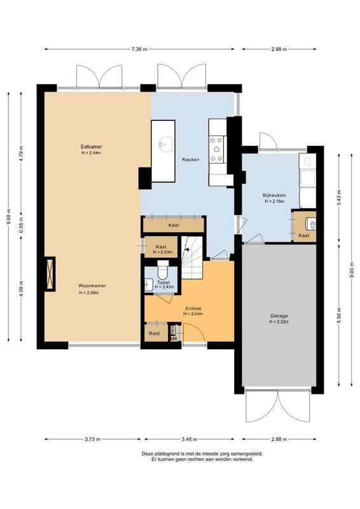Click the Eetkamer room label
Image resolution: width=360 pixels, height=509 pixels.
[x=91, y=147]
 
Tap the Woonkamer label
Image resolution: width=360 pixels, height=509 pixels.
[x=92, y=286]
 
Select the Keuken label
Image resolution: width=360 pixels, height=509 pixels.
[x=191, y=160]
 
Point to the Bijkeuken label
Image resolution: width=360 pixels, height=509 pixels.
[x=274, y=195]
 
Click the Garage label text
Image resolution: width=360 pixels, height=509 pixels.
[x=279, y=316]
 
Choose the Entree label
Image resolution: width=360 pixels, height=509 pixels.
[x=193, y=309]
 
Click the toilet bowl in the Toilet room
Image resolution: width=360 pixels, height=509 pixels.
[x=163, y=268]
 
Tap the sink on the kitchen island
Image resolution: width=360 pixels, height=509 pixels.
[x=166, y=145]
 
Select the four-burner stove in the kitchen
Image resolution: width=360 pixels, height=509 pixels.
[x=217, y=150]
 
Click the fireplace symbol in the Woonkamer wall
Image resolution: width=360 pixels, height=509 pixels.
[x=50, y=274]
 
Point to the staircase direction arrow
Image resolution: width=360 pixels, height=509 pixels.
[x=186, y=249]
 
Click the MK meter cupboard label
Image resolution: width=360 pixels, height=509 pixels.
[x=174, y=339]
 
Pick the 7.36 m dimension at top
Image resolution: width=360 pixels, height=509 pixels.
[x=139, y=50]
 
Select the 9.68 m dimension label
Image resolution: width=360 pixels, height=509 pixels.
[x=8, y=217]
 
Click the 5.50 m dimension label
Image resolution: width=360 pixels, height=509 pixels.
[x=339, y=315]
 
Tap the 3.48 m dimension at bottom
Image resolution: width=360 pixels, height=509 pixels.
[x=190, y=440]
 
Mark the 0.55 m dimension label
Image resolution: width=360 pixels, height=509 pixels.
[x=21, y=226]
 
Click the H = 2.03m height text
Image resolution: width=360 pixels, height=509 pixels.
[x=162, y=252]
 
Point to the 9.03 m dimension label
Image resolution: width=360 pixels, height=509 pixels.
[x=352, y=270]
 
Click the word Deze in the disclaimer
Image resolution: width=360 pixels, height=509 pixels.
[x=147, y=454]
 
